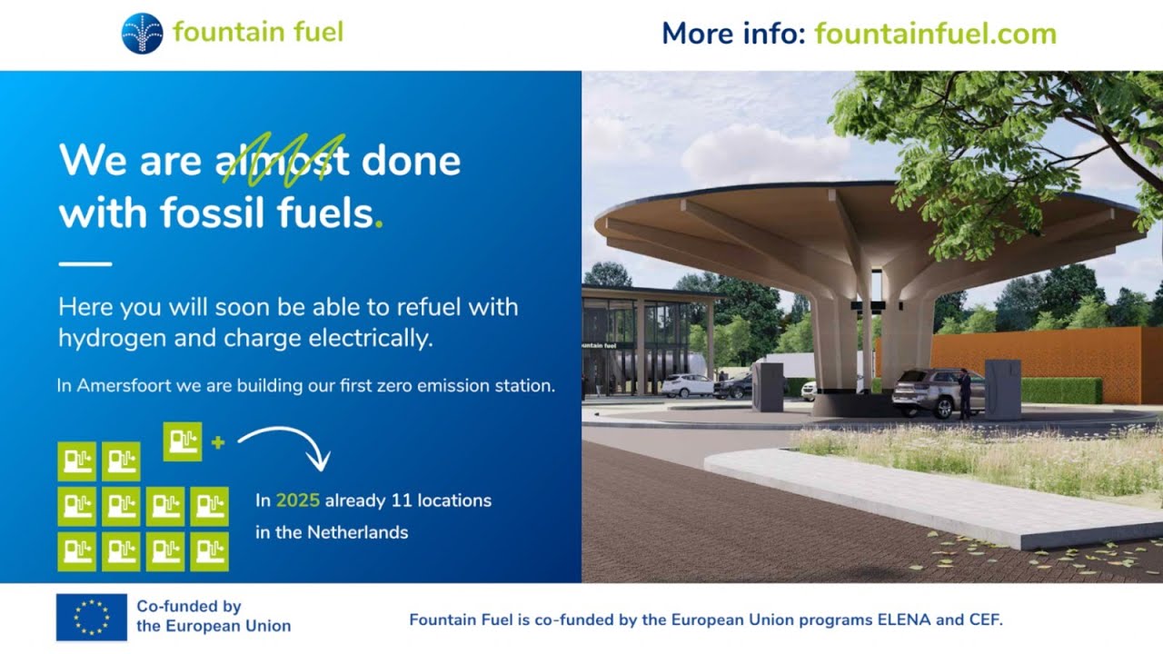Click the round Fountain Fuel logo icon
(x=142, y=34)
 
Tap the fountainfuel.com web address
(x=935, y=35)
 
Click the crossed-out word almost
(x=283, y=161)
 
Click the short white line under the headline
(x=84, y=264)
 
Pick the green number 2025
(x=297, y=500)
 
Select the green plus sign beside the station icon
(x=217, y=442)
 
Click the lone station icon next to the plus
(x=183, y=441)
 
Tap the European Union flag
(x=92, y=618)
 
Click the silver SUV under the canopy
(x=927, y=391)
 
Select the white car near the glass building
(x=686, y=386)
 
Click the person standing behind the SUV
(x=964, y=393)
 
